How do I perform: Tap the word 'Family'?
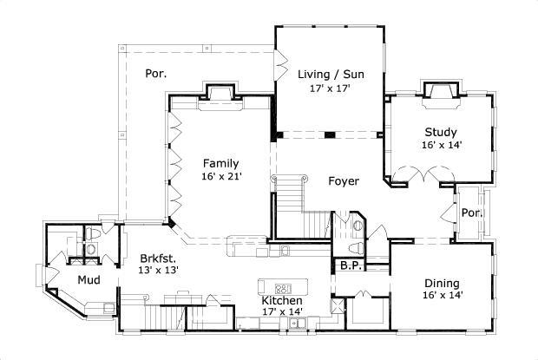[221, 162]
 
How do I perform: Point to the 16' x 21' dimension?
[221, 177]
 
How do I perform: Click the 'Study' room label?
[441, 132]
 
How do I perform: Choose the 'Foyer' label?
[344, 181]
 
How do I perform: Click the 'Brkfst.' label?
[159, 258]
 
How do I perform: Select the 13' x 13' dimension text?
[159, 272]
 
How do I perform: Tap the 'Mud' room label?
[89, 279]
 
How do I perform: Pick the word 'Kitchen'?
[283, 301]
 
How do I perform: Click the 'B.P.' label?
[351, 265]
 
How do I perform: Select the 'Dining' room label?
[442, 283]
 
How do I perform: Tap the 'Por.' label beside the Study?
[471, 213]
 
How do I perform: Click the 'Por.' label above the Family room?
[156, 74]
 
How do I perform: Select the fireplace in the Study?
[442, 94]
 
